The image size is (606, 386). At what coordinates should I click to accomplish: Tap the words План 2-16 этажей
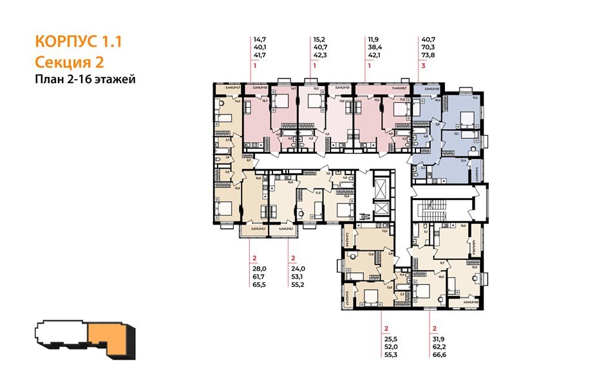[84, 80]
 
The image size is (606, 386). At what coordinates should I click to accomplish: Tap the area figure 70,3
[427, 48]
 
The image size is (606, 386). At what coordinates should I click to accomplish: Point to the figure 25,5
[390, 337]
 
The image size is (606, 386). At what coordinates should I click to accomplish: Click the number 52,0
[390, 346]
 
